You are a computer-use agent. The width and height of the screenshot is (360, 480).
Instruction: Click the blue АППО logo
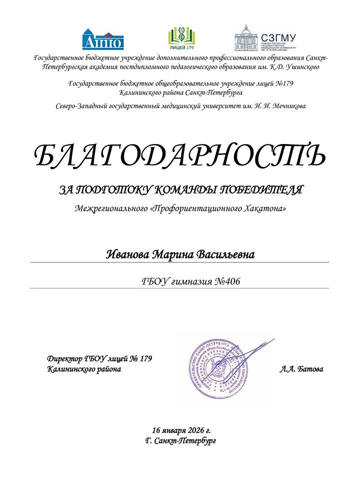[103, 39]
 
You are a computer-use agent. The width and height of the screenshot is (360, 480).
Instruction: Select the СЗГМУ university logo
[265, 38]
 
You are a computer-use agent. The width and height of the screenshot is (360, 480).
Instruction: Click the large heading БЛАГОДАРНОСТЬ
[180, 155]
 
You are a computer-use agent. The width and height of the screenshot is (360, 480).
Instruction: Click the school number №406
[227, 281]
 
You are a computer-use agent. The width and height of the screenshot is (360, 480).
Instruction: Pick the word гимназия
[192, 281]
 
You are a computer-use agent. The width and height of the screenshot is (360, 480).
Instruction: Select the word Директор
[64, 358]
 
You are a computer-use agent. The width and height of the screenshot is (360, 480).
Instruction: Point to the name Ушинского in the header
[297, 66]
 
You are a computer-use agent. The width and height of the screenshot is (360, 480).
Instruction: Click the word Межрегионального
[108, 207]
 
